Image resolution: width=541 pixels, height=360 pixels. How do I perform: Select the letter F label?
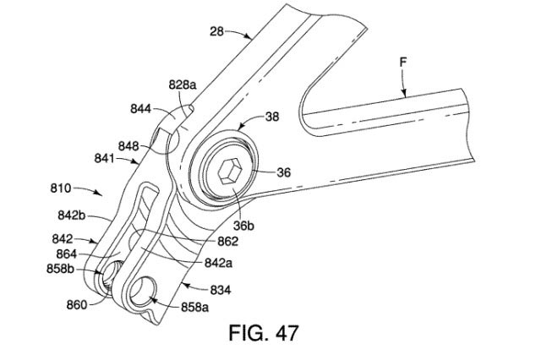pyautogui.click(x=403, y=62)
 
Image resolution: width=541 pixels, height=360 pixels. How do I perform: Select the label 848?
pyautogui.click(x=128, y=145)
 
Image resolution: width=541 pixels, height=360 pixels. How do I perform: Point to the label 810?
pyautogui.click(x=64, y=185)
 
